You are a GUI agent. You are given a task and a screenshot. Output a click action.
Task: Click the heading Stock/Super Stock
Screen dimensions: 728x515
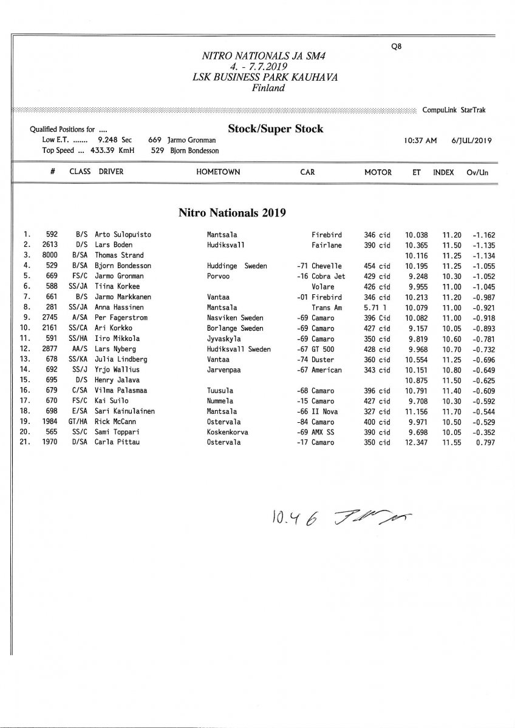click(x=275, y=129)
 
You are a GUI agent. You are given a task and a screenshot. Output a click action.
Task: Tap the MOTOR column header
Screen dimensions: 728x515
click(x=378, y=172)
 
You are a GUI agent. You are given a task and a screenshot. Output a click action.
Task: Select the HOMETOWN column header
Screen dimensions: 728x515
click(x=218, y=172)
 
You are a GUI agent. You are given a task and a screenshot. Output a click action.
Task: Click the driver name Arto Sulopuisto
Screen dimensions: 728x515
click(x=123, y=235)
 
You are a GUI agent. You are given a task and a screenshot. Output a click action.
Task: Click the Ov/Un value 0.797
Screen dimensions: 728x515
click(x=480, y=443)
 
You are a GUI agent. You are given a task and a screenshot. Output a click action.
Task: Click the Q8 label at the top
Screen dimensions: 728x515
click(x=397, y=45)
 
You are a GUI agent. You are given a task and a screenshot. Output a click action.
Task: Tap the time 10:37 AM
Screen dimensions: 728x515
click(x=420, y=140)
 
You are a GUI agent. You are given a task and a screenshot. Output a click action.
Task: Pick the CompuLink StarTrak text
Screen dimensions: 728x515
click(x=454, y=110)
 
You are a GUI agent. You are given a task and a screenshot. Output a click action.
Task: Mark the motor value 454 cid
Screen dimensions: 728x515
click(x=377, y=266)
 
